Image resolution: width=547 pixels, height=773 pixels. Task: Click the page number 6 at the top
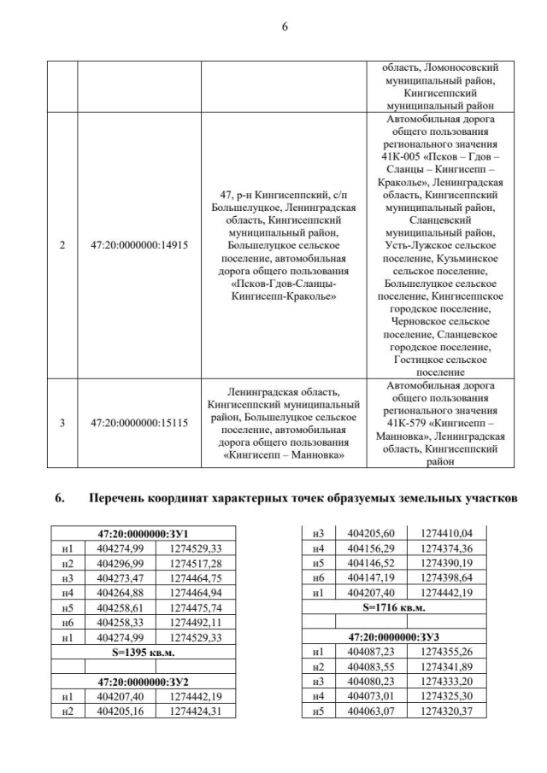tap(285, 27)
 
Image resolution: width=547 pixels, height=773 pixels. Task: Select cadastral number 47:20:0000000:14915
tap(139, 245)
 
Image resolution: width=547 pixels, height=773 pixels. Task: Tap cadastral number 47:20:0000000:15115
tap(139, 422)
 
